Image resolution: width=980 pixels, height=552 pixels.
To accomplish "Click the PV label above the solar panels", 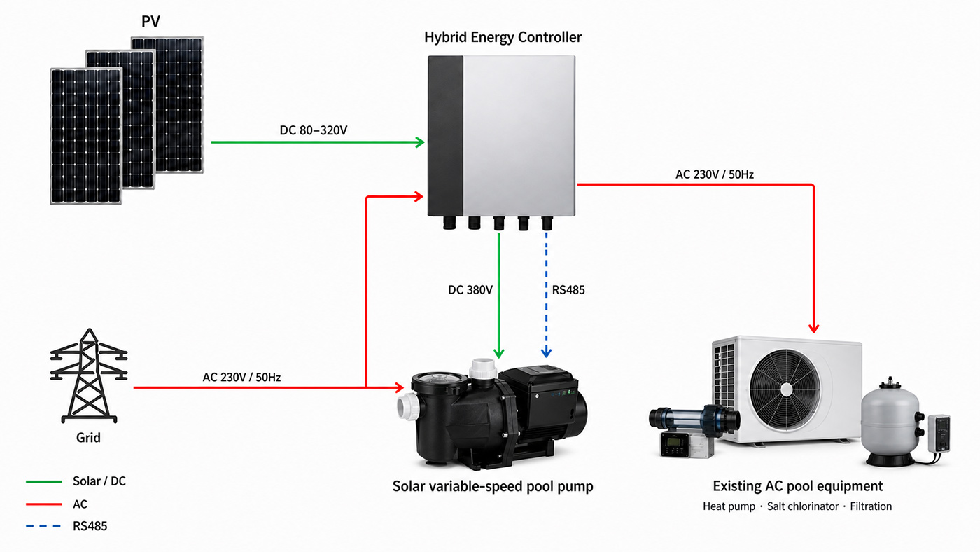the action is coord(151,21).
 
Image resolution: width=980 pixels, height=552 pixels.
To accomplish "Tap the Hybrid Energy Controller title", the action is coord(503,38).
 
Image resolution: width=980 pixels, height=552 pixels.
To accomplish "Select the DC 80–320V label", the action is coord(314,130).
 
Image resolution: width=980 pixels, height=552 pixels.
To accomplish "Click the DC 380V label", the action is coord(470,290).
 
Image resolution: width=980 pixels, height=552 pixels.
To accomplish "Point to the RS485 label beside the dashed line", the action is coord(568,290).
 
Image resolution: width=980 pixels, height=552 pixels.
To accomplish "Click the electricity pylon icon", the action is coord(89,375).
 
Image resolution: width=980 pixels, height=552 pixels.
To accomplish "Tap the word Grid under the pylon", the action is coord(88,438).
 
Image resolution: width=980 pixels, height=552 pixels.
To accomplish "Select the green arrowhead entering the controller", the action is coord(420,142).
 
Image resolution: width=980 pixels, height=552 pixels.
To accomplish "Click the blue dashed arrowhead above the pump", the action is coord(546,352).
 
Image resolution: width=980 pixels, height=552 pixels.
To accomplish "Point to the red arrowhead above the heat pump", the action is coord(813,328).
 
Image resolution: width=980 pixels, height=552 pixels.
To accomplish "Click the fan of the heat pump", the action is coord(785,389).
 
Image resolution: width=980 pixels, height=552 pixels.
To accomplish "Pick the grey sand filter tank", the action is coord(890,422).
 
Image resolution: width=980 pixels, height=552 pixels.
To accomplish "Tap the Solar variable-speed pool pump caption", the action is coord(493,487).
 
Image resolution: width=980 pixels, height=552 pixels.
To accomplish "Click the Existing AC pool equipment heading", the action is coord(797,486).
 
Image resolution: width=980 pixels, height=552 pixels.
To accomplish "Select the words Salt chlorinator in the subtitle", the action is coord(803,506).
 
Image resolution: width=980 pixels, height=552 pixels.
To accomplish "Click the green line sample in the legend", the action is coord(43,482).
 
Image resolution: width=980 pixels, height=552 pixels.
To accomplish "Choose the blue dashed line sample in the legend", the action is coord(43,526).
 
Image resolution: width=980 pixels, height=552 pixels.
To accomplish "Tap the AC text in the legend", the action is coord(80,504).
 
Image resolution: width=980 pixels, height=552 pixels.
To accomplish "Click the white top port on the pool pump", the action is coord(484,369).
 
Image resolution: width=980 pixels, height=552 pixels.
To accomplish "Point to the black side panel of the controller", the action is coord(445,135).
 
